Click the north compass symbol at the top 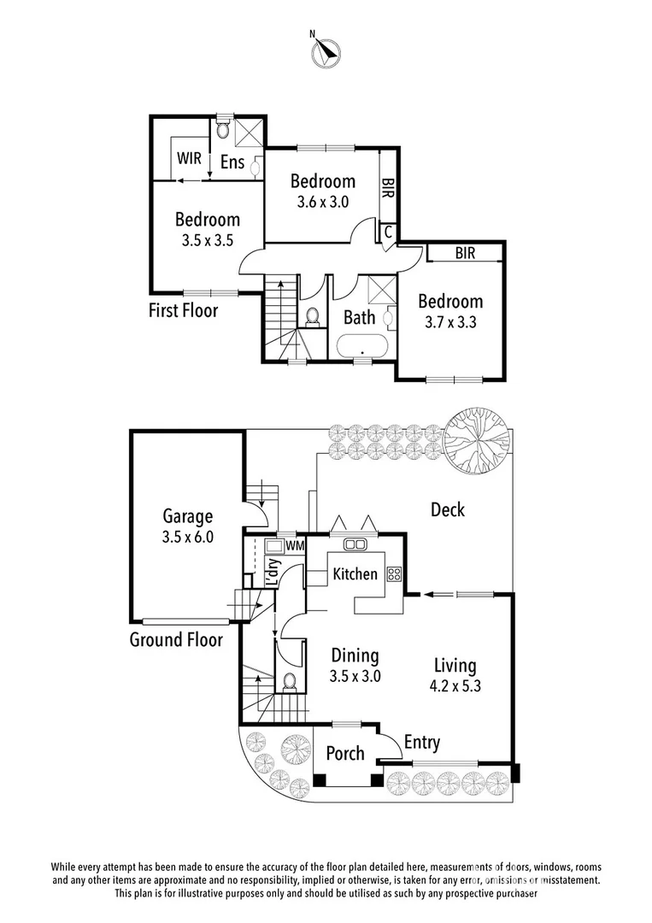(x=325, y=51)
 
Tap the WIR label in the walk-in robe (x=189, y=159)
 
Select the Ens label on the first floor (x=232, y=162)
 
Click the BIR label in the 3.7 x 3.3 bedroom (x=465, y=254)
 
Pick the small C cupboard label (x=387, y=231)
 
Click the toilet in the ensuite (x=222, y=130)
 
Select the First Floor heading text (x=183, y=310)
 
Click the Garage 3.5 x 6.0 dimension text (x=188, y=538)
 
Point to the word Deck (x=447, y=510)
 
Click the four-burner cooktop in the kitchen (x=395, y=574)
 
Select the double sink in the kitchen (x=355, y=544)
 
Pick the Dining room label (x=355, y=656)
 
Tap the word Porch (x=345, y=754)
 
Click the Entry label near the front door (x=421, y=743)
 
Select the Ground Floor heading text (x=176, y=639)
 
